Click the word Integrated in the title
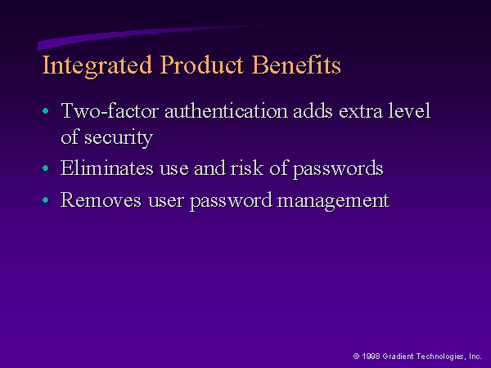coord(97,65)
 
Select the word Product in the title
coord(201,65)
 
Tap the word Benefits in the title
coord(296,65)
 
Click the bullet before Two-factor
coord(46,110)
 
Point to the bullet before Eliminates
coord(46,168)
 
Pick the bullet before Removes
coord(46,200)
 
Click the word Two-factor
coord(110,110)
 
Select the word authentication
coord(226,110)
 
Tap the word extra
coord(360,111)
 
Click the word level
coord(409,110)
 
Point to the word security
coord(119,137)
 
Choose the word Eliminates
coord(107,168)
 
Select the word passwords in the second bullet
coord(338,169)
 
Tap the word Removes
coord(101,200)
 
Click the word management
coord(334,201)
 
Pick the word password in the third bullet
coord(231,201)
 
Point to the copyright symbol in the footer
coord(356,356)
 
